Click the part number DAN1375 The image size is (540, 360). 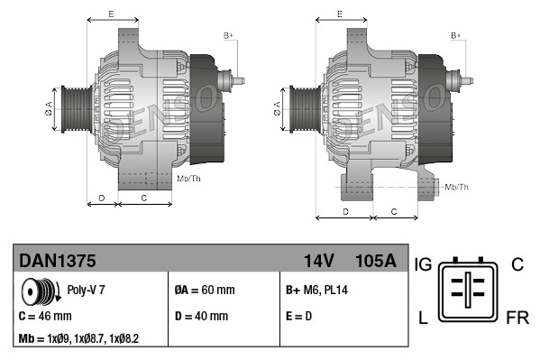click(58, 261)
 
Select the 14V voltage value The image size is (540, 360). click(318, 261)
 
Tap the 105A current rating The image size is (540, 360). click(375, 261)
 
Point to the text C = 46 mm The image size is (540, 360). click(45, 317)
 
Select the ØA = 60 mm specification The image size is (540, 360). click(204, 291)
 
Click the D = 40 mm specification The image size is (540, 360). click(200, 317)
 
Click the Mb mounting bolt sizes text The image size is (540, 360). click(78, 338)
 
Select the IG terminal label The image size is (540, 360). click(425, 264)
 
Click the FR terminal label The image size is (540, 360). click(516, 319)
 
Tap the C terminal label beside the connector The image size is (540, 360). click(517, 264)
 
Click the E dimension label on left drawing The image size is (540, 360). click(110, 14)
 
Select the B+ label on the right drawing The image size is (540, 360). click(456, 35)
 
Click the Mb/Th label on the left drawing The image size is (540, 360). click(189, 179)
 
